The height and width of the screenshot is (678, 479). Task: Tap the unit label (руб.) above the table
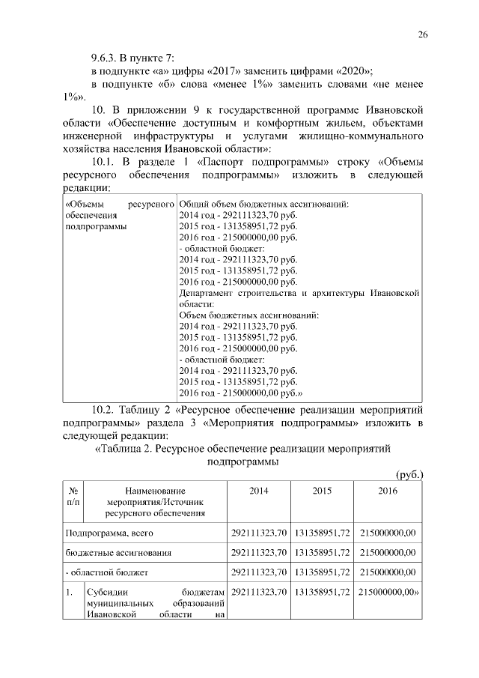(409, 474)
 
